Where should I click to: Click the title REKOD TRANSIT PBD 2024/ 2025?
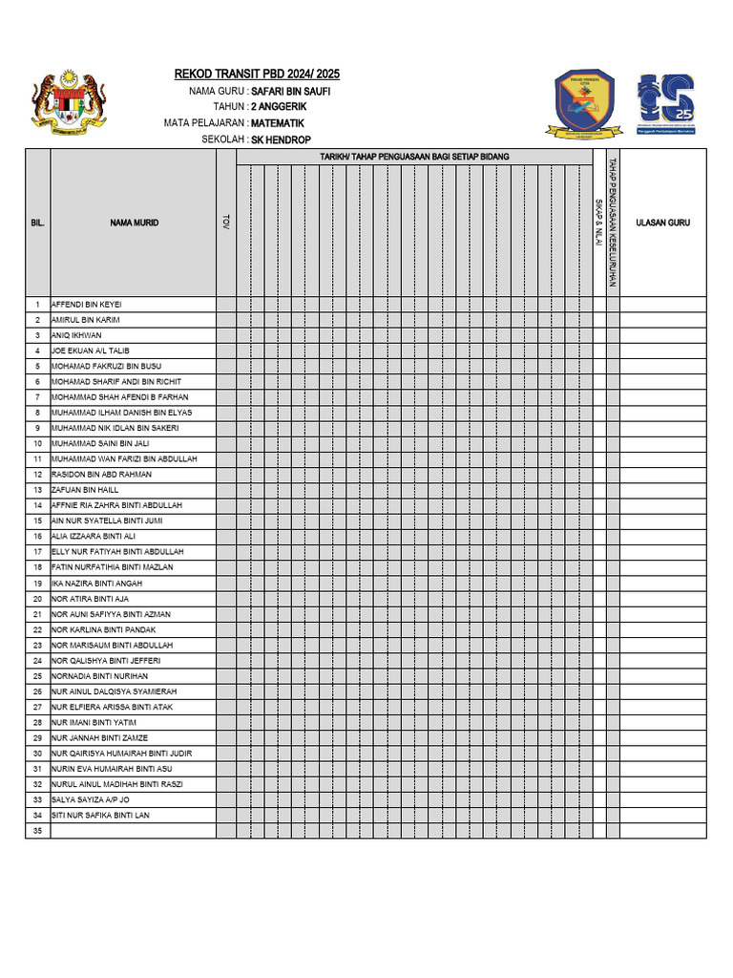[257, 74]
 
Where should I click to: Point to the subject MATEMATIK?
[278, 123]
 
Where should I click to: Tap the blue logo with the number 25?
[666, 101]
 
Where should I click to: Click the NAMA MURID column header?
[134, 223]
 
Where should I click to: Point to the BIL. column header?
[37, 223]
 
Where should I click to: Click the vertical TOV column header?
[226, 222]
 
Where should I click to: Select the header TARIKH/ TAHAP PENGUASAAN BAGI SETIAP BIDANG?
[414, 157]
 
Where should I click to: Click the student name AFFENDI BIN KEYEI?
[86, 304]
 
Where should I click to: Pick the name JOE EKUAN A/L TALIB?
[90, 351]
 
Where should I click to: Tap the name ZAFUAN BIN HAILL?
[85, 489]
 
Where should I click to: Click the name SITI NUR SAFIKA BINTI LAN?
[100, 815]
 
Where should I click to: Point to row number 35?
[37, 831]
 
